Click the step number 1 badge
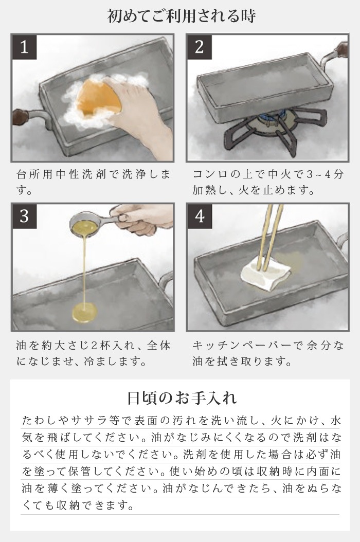(24, 48)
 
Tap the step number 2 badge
(199, 48)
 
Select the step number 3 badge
(24, 216)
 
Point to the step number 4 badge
(199, 216)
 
